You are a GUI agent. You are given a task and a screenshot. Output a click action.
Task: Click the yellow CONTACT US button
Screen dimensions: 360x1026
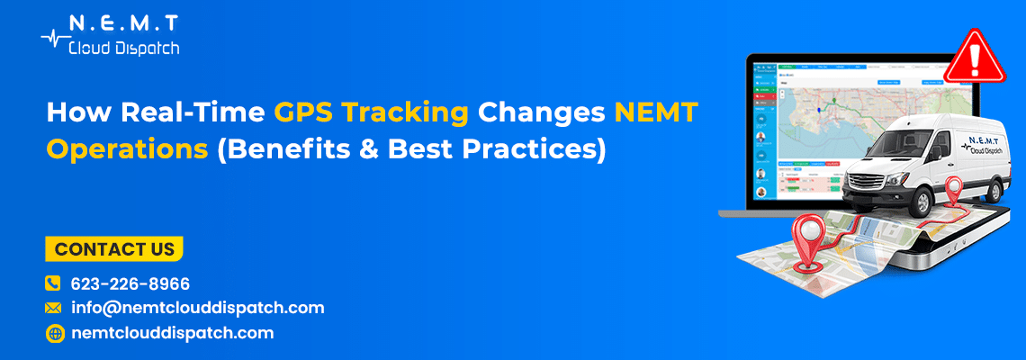pyautogui.click(x=113, y=249)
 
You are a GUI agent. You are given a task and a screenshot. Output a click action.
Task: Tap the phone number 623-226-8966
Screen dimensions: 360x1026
pyautogui.click(x=130, y=283)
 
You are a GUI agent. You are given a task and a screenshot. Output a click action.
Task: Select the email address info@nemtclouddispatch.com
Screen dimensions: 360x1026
pyautogui.click(x=197, y=308)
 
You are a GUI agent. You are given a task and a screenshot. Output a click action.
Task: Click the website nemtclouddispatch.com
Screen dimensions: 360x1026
pyautogui.click(x=172, y=333)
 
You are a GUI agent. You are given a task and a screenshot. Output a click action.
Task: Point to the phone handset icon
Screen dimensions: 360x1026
pyautogui.click(x=53, y=283)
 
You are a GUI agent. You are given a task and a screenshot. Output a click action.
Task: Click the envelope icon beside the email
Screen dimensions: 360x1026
pyautogui.click(x=53, y=308)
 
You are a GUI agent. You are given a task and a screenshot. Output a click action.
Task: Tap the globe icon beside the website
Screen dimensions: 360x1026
pyautogui.click(x=53, y=333)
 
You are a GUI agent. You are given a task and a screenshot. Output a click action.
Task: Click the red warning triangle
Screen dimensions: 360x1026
pyautogui.click(x=972, y=56)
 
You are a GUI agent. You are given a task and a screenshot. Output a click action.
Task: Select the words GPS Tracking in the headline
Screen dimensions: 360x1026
pyautogui.click(x=372, y=113)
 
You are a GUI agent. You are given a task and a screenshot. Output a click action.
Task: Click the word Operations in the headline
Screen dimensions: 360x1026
pyautogui.click(x=126, y=149)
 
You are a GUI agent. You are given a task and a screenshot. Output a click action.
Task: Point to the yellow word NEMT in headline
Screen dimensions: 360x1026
pyautogui.click(x=656, y=113)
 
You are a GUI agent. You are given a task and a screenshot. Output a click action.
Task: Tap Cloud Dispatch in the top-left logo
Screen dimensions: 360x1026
pyautogui.click(x=124, y=47)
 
